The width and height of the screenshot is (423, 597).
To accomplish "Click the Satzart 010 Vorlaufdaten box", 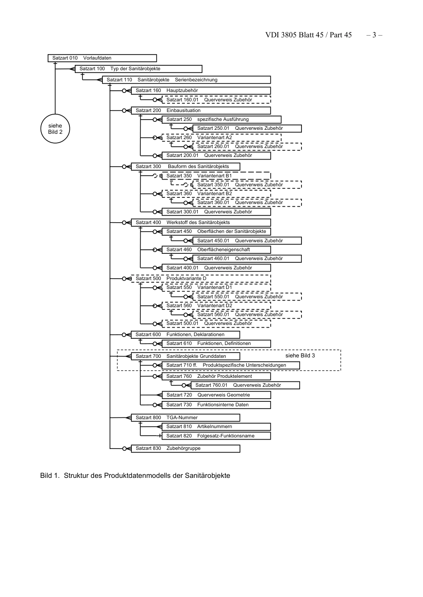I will [x=102, y=58].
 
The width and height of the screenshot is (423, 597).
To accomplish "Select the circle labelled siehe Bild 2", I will [x=55, y=129].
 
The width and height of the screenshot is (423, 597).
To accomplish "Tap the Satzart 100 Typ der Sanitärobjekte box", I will [x=138, y=69].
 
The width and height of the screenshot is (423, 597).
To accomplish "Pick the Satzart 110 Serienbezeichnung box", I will [x=186, y=80].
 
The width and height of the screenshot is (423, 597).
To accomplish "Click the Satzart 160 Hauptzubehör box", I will [x=200, y=91].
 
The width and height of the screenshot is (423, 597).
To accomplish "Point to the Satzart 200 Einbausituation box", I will [x=200, y=111].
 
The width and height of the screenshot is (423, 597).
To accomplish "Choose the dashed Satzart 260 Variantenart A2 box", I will [x=221, y=138].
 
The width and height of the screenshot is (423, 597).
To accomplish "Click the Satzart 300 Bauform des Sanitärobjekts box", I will [x=185, y=167].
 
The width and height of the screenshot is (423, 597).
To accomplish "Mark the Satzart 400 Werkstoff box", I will [x=200, y=223].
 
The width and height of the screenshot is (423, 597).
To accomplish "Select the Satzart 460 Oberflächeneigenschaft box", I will [x=216, y=250].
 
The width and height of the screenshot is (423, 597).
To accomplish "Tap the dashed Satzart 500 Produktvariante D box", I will [x=200, y=279].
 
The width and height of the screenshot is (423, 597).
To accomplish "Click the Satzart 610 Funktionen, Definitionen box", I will [x=216, y=344].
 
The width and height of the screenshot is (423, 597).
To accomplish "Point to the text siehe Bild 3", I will [x=300, y=356].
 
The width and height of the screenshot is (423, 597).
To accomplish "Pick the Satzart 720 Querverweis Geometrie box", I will [x=216, y=395].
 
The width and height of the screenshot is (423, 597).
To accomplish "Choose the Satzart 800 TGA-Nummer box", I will [x=185, y=418].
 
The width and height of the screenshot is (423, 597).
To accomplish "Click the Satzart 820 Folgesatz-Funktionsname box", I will [x=216, y=436].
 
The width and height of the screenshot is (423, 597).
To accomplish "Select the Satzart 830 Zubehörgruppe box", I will [x=185, y=449].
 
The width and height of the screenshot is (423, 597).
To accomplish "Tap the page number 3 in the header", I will [x=374, y=35].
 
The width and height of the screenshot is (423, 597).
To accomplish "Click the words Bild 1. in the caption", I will [x=49, y=476].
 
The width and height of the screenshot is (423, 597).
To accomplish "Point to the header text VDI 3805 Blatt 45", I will [x=294, y=35].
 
